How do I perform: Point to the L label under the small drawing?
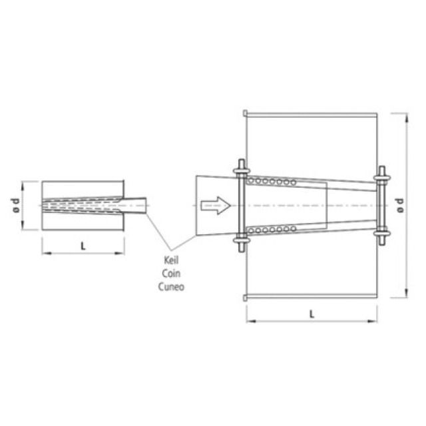[83, 246]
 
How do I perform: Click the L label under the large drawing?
[312, 314]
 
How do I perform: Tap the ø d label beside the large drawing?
[399, 205]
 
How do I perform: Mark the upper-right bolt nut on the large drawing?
[381, 178]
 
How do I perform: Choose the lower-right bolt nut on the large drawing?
[381, 234]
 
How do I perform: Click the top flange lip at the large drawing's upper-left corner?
[246, 111]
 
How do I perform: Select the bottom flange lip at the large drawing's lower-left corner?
[246, 297]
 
